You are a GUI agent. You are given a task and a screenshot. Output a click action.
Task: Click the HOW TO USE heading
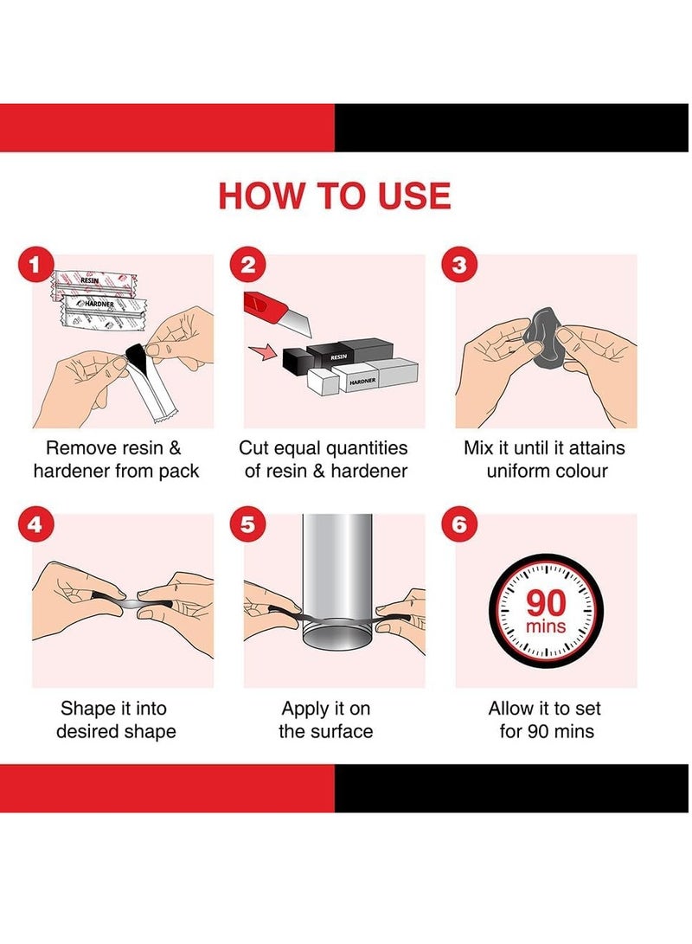point(335,196)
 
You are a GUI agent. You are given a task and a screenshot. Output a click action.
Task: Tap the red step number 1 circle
point(35,265)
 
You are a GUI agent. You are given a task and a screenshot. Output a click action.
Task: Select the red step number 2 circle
point(247,265)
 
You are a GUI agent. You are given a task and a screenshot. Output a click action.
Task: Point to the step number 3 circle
point(459,265)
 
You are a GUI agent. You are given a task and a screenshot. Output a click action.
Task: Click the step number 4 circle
point(35,524)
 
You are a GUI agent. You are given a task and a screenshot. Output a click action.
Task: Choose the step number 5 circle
point(247,524)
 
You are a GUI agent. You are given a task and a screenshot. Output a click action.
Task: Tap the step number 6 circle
point(459,524)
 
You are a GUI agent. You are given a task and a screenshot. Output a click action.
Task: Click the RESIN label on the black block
point(339,357)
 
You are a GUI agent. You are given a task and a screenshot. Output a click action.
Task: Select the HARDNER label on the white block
point(362,381)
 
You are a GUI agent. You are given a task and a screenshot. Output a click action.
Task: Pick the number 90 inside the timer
point(547,602)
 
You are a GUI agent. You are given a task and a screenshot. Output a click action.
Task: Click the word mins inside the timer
point(546,626)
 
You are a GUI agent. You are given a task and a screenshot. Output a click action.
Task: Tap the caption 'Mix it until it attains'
point(544,448)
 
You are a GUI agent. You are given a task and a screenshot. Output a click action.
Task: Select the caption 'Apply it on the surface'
point(325,719)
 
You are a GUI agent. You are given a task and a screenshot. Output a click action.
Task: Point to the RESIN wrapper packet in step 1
point(94,283)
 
